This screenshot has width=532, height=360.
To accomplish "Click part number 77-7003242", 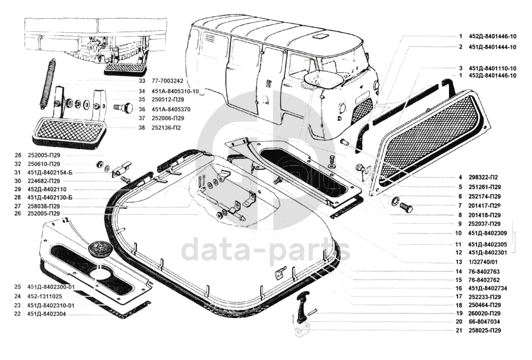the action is click(x=167, y=81).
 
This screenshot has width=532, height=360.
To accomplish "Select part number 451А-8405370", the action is click(x=171, y=109).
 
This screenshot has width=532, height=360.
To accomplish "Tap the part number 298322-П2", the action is click(x=484, y=177).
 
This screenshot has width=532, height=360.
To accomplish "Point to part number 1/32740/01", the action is click(x=483, y=262).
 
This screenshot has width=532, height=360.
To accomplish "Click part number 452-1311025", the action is click(x=44, y=296).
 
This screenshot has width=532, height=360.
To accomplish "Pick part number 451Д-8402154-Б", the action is click(x=50, y=172).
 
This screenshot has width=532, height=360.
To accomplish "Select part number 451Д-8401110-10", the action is click(x=493, y=68).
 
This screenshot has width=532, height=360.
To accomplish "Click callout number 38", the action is click(x=142, y=128).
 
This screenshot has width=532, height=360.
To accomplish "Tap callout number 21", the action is click(x=459, y=330).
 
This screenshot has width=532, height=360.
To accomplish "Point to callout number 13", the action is click(x=459, y=262).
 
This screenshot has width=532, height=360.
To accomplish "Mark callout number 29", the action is click(x=18, y=189).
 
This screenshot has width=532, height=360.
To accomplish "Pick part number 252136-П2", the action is click(x=166, y=128).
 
